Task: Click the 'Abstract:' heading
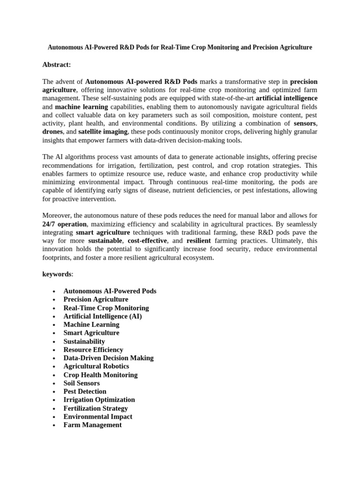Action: tap(57, 65)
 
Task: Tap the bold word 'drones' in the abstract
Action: tap(52, 132)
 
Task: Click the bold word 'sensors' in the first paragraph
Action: tap(305, 123)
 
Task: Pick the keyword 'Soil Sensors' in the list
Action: tap(82, 383)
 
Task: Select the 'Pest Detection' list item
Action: tap(85, 391)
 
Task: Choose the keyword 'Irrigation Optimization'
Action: tap(99, 400)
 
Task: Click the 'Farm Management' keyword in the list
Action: tap(92, 425)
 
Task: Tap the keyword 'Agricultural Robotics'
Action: tap(96, 366)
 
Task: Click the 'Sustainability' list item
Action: tap(84, 341)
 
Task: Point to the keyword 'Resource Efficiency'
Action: tap(93, 350)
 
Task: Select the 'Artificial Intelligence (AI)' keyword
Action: tap(103, 316)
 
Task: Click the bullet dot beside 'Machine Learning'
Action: tap(55, 325)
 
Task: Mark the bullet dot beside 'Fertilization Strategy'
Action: tap(55, 409)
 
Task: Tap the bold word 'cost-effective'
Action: tap(147, 240)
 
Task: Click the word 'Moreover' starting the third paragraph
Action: tap(56, 216)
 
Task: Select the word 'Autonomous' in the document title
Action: tap(66, 48)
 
